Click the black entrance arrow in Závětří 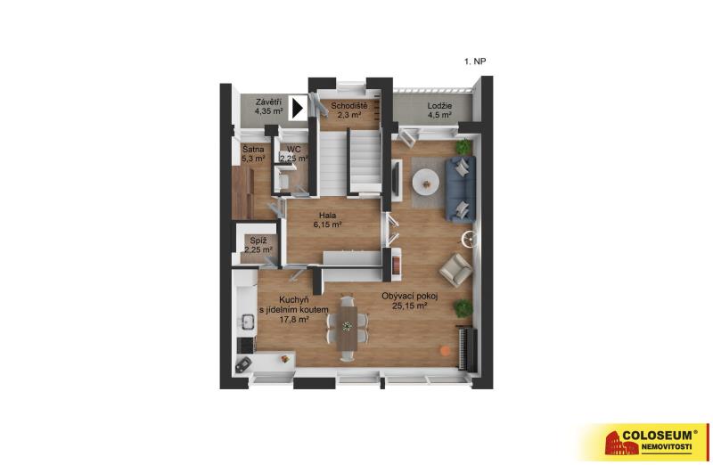[x=299, y=109]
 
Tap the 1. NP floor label [x=475, y=61]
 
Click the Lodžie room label [x=439, y=106]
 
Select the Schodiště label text [x=349, y=106]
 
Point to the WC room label [x=293, y=149]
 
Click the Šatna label [x=253, y=149]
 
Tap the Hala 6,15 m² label [x=327, y=219]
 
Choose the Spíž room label [x=258, y=241]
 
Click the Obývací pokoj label [x=410, y=297]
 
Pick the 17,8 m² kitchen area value [x=295, y=320]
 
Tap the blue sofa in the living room [x=460, y=189]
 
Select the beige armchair [x=455, y=270]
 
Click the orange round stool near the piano [x=445, y=350]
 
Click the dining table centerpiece [x=348, y=326]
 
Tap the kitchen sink [x=247, y=322]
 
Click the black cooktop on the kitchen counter [x=246, y=345]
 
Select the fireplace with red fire [x=396, y=263]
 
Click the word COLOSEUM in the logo [x=657, y=436]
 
